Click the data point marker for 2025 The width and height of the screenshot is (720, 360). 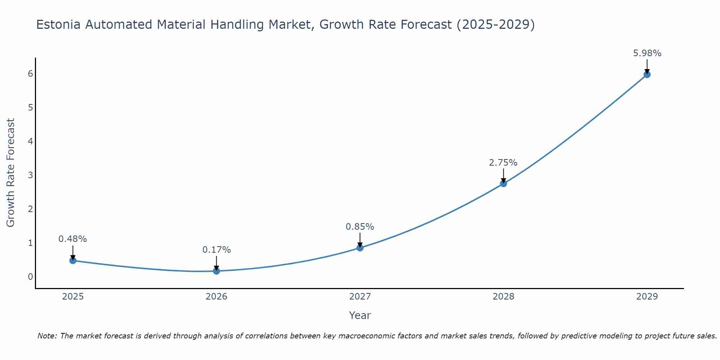73,260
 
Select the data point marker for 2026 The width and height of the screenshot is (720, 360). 216,271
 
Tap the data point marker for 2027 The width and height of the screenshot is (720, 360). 360,248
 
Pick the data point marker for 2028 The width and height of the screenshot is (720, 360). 503,184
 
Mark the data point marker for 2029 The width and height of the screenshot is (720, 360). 647,75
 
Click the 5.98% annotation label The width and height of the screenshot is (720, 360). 647,53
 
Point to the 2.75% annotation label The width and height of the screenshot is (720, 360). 503,163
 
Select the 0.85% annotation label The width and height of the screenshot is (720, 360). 360,227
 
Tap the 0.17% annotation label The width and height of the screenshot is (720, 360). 216,250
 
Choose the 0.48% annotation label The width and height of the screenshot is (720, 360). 73,239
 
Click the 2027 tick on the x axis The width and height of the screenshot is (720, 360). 360,297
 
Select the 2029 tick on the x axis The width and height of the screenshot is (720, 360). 647,297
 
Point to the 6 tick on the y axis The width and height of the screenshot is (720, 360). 30,74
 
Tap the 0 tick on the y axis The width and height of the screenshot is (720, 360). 30,276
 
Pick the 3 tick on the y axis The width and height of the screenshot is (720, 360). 30,175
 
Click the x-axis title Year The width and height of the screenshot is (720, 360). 360,315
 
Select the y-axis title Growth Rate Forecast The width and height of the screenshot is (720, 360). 11,173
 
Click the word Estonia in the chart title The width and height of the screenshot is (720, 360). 58,24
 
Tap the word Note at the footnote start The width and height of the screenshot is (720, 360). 47,336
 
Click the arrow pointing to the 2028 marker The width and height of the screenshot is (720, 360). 503,175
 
